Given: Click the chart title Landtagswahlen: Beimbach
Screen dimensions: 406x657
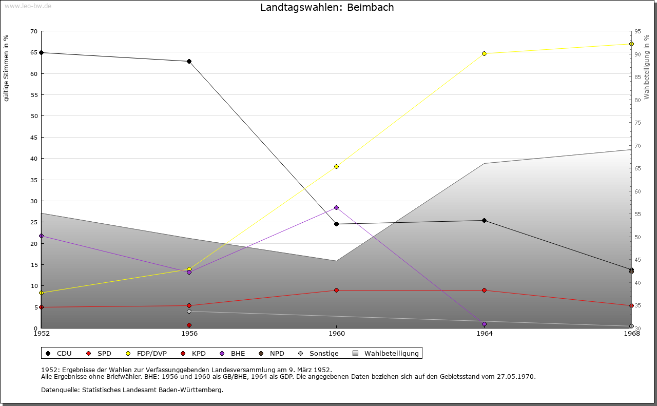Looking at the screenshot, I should (327, 8).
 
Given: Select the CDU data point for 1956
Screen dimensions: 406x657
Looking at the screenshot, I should (189, 62).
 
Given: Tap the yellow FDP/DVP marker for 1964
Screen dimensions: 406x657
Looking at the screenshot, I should (484, 53).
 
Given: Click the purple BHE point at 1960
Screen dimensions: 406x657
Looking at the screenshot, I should (337, 207).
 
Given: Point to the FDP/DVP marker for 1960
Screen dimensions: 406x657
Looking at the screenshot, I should (337, 166).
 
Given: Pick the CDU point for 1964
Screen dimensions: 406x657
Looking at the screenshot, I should (484, 221).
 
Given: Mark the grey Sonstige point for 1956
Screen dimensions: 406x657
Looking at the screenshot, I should (189, 311).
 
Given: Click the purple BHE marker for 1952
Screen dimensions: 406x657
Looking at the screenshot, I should (42, 236).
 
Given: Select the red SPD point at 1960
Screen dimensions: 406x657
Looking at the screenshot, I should (337, 290).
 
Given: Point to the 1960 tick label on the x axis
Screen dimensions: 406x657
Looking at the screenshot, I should (337, 334).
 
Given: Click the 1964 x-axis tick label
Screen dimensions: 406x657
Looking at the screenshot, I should (484, 334).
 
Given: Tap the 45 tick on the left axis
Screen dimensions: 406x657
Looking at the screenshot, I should (34, 137).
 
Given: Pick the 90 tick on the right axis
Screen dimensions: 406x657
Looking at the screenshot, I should (637, 54).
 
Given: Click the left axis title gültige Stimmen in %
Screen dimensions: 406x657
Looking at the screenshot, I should (7, 68).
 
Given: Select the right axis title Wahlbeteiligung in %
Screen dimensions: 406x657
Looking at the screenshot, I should (647, 67).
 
